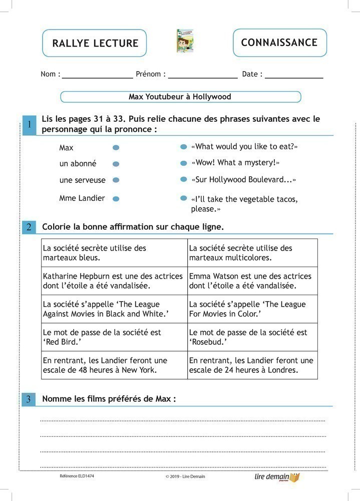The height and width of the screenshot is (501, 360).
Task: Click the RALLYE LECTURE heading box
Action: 95,43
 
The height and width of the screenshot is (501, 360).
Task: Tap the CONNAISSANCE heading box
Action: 279,43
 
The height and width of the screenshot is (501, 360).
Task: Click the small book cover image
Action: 185,41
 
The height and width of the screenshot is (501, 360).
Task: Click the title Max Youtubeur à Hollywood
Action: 180,97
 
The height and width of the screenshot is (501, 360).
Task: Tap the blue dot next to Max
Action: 116,148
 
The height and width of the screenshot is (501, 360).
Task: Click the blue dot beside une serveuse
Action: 116,180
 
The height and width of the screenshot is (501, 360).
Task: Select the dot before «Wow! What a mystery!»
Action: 183,163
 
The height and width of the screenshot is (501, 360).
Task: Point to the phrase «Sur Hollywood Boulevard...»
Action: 243,179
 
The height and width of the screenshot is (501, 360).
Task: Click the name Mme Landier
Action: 82,198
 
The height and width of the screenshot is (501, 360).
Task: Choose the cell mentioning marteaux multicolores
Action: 252,253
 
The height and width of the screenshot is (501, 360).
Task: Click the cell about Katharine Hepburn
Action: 114,281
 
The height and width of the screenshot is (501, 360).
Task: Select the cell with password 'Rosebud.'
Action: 252,337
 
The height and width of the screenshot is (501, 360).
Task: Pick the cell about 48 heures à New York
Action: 114,365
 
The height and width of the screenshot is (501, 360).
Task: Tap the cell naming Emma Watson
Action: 252,281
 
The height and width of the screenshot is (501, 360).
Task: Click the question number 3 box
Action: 29,399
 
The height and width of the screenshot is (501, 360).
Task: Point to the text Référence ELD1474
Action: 77,476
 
